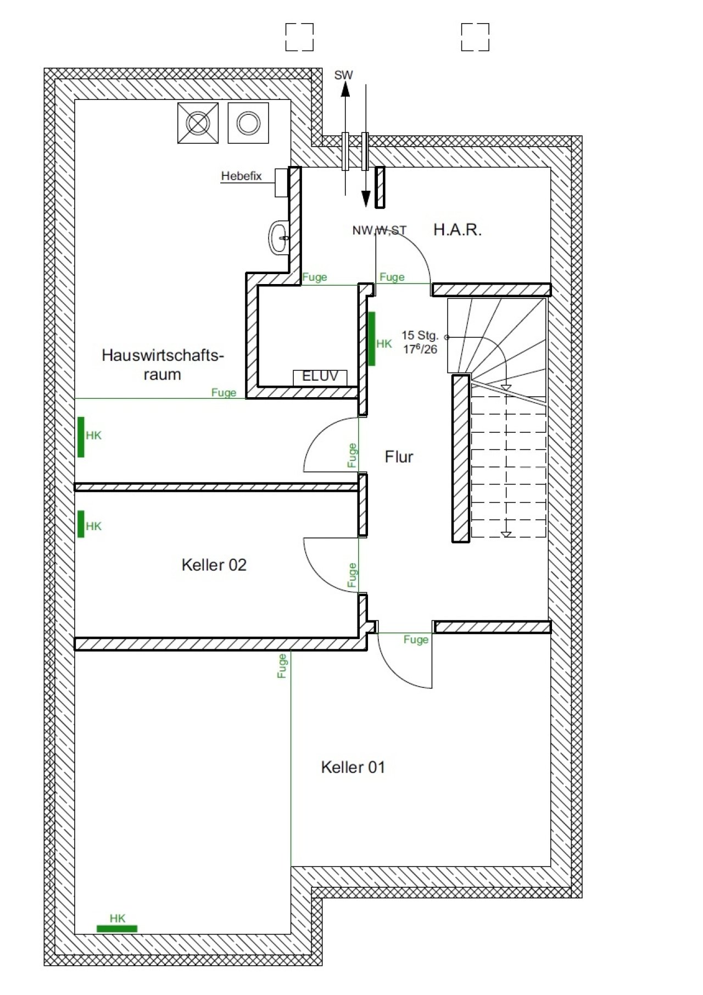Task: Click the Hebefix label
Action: [241, 176]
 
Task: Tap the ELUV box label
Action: [320, 376]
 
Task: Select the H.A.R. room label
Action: [457, 230]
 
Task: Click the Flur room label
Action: [399, 457]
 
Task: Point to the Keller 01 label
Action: [353, 767]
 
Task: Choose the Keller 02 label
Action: [214, 565]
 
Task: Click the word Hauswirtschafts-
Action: [163, 355]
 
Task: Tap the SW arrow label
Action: [343, 75]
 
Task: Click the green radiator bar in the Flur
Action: [372, 338]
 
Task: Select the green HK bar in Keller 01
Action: [117, 929]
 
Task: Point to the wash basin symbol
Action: [278, 237]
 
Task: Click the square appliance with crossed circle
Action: [198, 123]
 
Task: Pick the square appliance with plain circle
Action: [248, 123]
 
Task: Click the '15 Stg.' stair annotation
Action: [420, 335]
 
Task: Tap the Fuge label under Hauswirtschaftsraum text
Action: [224, 392]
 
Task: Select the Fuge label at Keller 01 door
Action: [416, 640]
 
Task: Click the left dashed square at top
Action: [299, 37]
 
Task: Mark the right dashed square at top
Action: [475, 37]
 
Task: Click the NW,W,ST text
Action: [379, 230]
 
